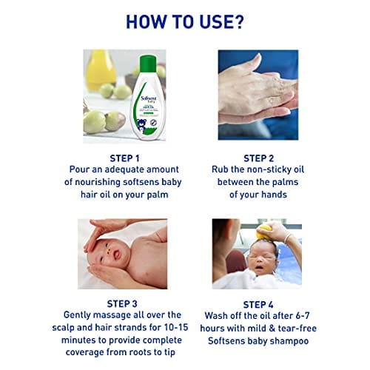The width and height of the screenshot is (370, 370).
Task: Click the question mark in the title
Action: click(x=238, y=21)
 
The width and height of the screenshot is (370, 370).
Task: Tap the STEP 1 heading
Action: click(x=124, y=158)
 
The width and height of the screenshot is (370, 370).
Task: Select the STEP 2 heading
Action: click(x=259, y=158)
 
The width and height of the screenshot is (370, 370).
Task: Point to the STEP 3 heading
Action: click(x=122, y=304)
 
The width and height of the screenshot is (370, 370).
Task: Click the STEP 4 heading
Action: click(x=258, y=305)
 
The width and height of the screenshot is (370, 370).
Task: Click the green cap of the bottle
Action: click(x=148, y=64)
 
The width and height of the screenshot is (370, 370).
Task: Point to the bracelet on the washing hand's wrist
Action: click(x=288, y=239)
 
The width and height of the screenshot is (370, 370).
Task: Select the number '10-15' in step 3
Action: click(x=176, y=327)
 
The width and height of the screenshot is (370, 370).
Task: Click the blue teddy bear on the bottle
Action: click(x=141, y=124)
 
